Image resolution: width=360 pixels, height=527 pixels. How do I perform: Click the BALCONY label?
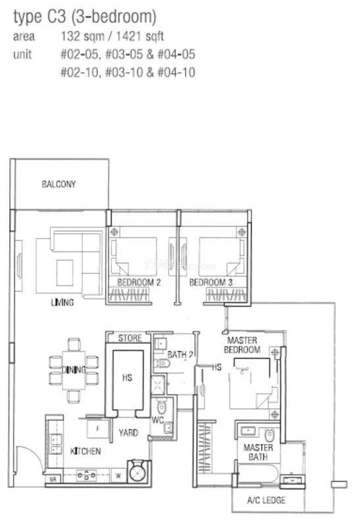coord(59,184)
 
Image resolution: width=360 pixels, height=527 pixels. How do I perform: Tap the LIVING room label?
coord(62,302)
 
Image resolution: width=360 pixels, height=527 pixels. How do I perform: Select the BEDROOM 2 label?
coord(139,283)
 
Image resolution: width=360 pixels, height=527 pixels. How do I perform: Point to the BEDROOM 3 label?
coord(211,283)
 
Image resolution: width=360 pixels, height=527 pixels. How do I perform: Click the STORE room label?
coord(130,338)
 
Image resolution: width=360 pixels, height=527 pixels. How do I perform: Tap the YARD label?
coord(128,433)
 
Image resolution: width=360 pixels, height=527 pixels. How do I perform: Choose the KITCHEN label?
coord(86,451)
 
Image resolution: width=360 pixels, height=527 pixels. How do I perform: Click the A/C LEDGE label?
coord(267,500)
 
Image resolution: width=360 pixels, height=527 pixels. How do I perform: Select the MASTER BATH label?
coord(258,452)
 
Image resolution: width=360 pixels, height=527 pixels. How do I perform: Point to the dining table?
coord(74,370)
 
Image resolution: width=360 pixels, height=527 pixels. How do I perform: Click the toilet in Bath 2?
coord(162,363)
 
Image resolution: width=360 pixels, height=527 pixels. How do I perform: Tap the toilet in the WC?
coord(161,407)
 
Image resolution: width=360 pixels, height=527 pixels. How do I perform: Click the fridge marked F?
coord(97,429)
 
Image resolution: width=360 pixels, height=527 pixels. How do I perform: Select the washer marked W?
coord(118,476)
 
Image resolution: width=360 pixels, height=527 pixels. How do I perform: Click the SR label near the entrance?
coord(53,480)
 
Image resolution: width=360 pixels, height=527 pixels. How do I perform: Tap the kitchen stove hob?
coord(86,475)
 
